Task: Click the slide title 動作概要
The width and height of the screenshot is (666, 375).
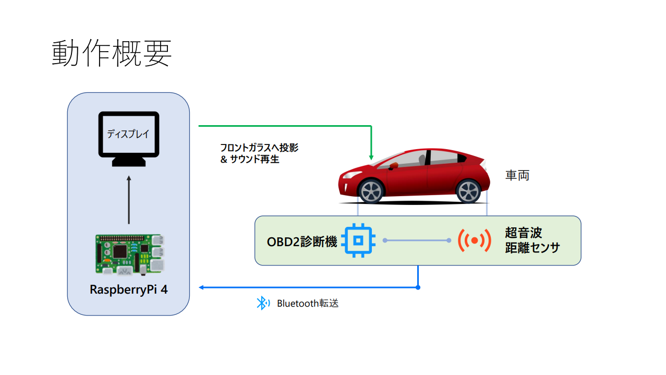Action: coord(112,54)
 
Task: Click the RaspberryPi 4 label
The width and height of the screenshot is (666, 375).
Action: coord(129,290)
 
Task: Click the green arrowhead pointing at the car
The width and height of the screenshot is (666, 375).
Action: coord(371,156)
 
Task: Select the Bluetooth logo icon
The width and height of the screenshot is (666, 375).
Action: coord(262,303)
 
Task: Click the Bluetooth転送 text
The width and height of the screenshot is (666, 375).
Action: coord(308,303)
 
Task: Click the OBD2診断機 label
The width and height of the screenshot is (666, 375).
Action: coord(302,242)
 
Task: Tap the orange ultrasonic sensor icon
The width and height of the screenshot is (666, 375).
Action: coord(474,240)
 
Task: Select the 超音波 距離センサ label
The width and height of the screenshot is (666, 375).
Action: coord(532,240)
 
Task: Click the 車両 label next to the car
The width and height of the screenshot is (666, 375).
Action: coord(517,175)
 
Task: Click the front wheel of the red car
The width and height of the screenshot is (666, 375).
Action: coord(371,191)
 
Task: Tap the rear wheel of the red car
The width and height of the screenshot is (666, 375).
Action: coord(468,191)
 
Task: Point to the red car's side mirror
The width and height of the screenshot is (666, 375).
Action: coord(394,166)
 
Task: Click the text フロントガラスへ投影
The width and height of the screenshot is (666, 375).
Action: coord(259,148)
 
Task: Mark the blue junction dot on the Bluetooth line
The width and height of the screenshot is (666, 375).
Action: coord(418,287)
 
